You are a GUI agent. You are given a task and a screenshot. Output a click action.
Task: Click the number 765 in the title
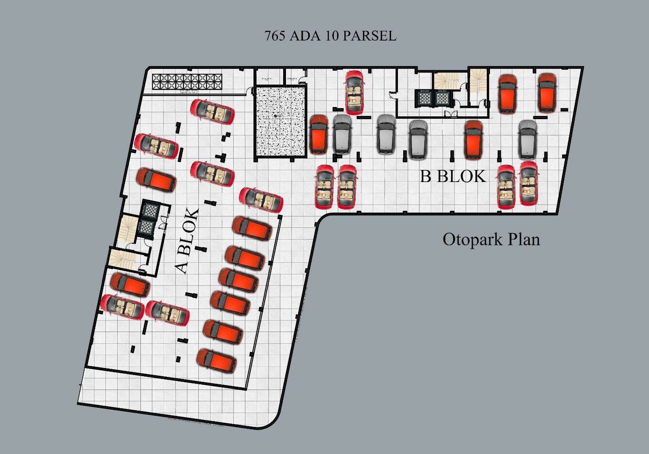pyautogui.click(x=275, y=36)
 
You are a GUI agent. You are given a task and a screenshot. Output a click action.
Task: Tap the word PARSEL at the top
pyautogui.click(x=369, y=36)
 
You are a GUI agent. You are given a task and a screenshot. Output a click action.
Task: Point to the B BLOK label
pyautogui.click(x=453, y=177)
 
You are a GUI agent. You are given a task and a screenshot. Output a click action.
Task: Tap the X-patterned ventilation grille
pyautogui.click(x=187, y=82)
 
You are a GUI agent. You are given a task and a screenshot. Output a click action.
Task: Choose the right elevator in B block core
pyautogui.click(x=442, y=98)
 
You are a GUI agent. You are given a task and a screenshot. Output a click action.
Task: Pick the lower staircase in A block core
pyautogui.click(x=121, y=259)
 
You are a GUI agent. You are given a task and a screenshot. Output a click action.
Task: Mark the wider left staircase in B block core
pyautogui.click(x=446, y=81)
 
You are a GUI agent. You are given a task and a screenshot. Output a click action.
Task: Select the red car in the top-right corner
pyautogui.click(x=546, y=92)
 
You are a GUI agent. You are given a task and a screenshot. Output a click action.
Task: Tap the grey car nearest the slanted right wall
pyautogui.click(x=527, y=139)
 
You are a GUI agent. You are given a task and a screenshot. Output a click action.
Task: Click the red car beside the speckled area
pyautogui.click(x=318, y=134)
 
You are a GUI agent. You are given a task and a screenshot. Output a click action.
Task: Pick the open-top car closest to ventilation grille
pyautogui.click(x=213, y=111)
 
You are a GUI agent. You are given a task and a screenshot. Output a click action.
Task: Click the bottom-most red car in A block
pyautogui.click(x=217, y=361)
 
